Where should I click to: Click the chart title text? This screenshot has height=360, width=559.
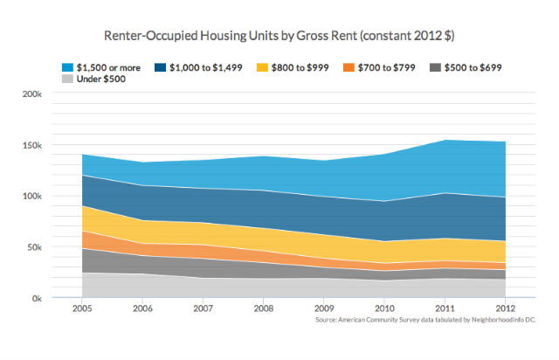[279, 37]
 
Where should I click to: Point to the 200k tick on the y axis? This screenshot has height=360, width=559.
[32, 93]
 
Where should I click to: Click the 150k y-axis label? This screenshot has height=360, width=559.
[32, 144]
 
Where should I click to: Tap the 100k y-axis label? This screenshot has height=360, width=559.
[32, 196]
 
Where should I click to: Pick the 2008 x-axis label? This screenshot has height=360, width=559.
[265, 309]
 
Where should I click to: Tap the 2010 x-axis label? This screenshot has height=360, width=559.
[385, 309]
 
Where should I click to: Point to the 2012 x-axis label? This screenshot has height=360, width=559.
[505, 309]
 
